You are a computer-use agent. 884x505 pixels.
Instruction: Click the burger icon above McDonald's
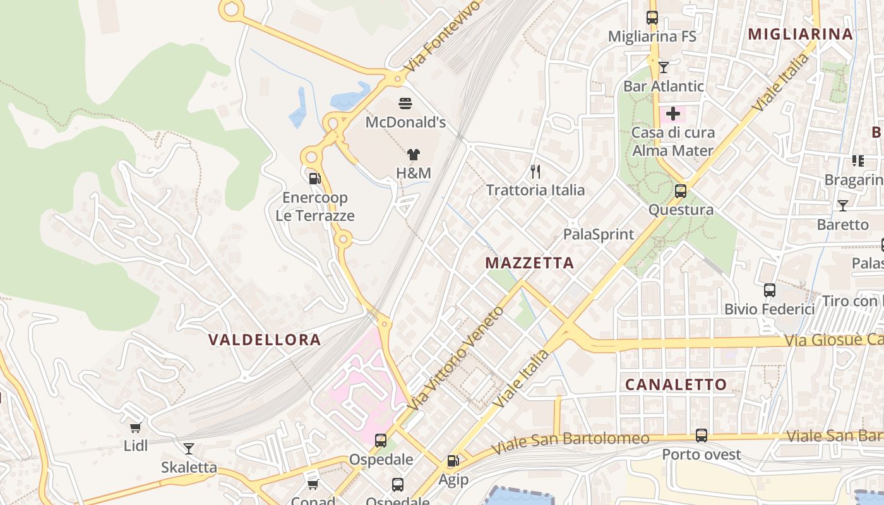pos(405,103)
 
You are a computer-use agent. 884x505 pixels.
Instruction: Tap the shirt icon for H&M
pos(413,154)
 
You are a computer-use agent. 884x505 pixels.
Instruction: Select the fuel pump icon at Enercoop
pos(314,179)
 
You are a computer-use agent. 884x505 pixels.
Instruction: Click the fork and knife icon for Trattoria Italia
pos(535,171)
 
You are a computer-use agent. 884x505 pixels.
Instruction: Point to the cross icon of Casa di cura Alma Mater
pos(673,114)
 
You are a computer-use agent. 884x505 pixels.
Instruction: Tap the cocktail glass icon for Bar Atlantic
pos(663,67)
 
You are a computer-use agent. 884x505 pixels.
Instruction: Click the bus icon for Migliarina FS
pos(652,18)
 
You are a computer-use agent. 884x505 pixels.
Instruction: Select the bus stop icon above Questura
pos(681,191)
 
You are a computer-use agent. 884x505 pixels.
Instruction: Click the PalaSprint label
pos(598,234)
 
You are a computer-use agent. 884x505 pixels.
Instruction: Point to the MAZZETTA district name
pos(530,263)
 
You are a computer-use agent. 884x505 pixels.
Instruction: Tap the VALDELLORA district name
pos(265,340)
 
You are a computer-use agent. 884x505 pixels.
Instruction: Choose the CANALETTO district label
pos(676,384)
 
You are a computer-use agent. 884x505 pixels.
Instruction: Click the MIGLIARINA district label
pos(800,34)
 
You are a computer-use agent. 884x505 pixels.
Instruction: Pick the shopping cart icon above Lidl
pos(135,427)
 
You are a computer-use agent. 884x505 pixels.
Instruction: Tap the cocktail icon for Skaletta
pos(188,449)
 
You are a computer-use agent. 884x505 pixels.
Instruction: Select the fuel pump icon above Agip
pos(453,461)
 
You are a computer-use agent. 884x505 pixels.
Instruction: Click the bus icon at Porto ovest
pos(701,435)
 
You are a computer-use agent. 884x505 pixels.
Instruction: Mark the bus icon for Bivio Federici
pos(769,290)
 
